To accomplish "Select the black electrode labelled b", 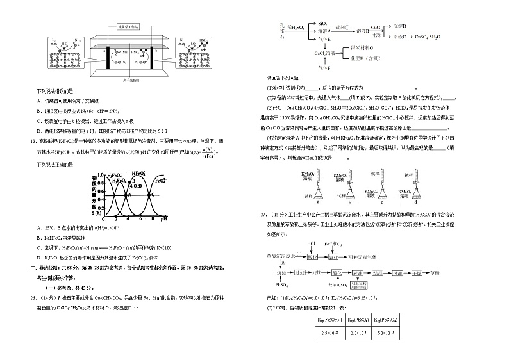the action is click(x=153, y=56).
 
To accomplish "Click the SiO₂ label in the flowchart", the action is click(x=323, y=23).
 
